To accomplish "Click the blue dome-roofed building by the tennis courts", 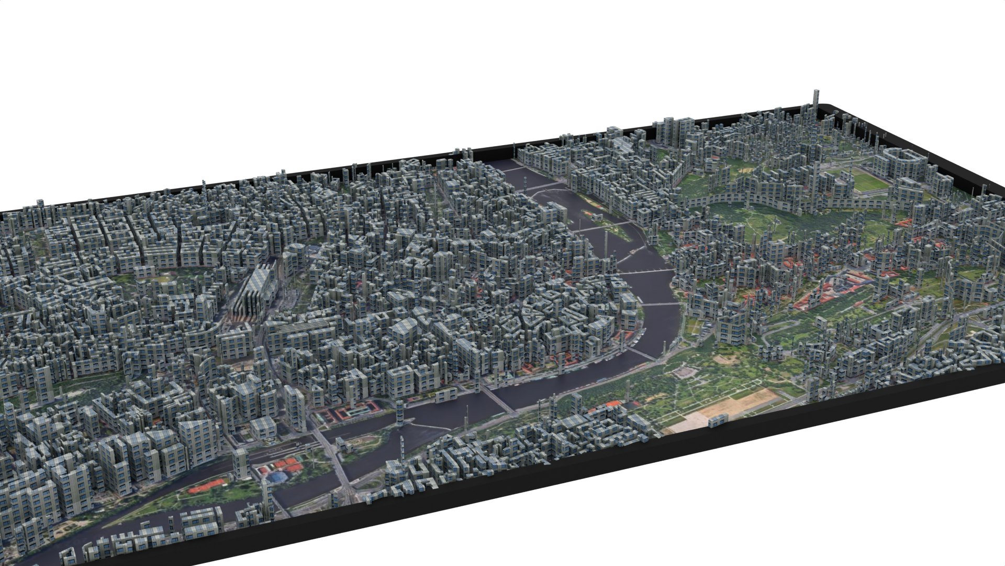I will click(x=277, y=476).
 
